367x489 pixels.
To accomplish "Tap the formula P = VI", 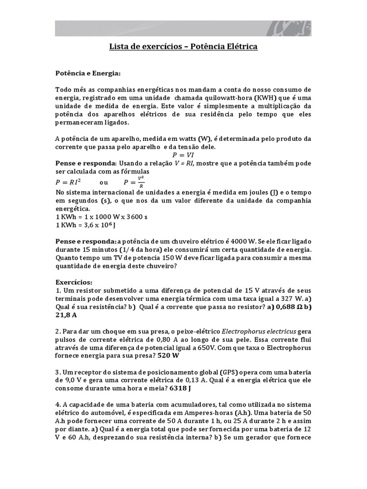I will click(x=183, y=155).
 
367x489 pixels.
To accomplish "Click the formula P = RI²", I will click(x=68, y=182).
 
